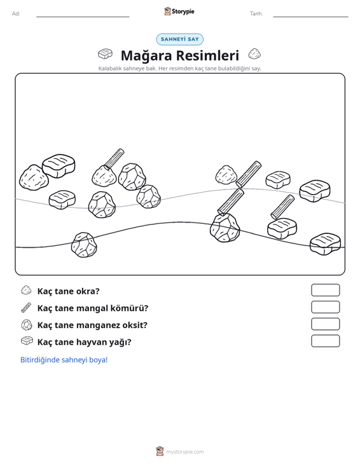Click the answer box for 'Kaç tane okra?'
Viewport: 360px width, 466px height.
click(x=325, y=290)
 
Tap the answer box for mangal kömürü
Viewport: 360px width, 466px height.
click(x=325, y=307)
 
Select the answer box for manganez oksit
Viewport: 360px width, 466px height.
click(x=325, y=324)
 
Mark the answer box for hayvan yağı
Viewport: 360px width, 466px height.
click(x=325, y=341)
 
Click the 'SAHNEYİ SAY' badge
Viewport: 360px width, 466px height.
click(x=180, y=39)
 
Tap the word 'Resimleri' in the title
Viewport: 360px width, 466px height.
click(x=205, y=55)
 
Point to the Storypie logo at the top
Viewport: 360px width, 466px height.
click(x=179, y=11)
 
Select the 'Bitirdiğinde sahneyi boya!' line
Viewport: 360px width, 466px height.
click(x=64, y=360)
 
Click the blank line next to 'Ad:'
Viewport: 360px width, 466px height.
click(x=83, y=17)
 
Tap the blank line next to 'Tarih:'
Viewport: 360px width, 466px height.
click(x=310, y=17)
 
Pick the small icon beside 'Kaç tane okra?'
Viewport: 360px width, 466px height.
click(x=26, y=291)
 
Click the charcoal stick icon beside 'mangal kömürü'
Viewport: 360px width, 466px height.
click(x=26, y=308)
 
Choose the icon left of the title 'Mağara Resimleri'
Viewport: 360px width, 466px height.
click(x=105, y=54)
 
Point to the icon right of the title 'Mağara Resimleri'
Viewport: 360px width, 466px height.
click(x=254, y=54)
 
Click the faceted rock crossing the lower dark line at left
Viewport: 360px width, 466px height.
click(x=84, y=245)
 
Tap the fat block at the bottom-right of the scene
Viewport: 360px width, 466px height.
click(x=325, y=244)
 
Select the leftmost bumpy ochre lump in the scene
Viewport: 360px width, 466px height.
click(x=34, y=178)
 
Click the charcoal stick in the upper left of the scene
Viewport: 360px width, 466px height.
click(x=114, y=159)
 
